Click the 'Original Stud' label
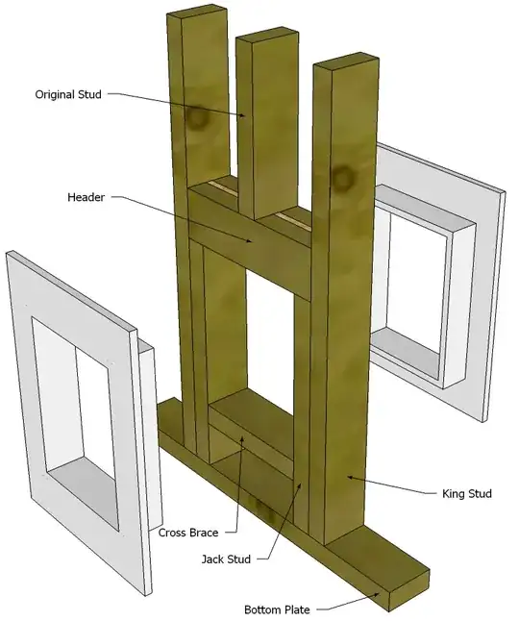click(x=68, y=94)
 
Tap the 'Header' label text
click(x=86, y=197)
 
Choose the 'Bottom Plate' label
click(x=276, y=609)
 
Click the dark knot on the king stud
click(x=341, y=178)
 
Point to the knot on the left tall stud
click(x=198, y=119)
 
